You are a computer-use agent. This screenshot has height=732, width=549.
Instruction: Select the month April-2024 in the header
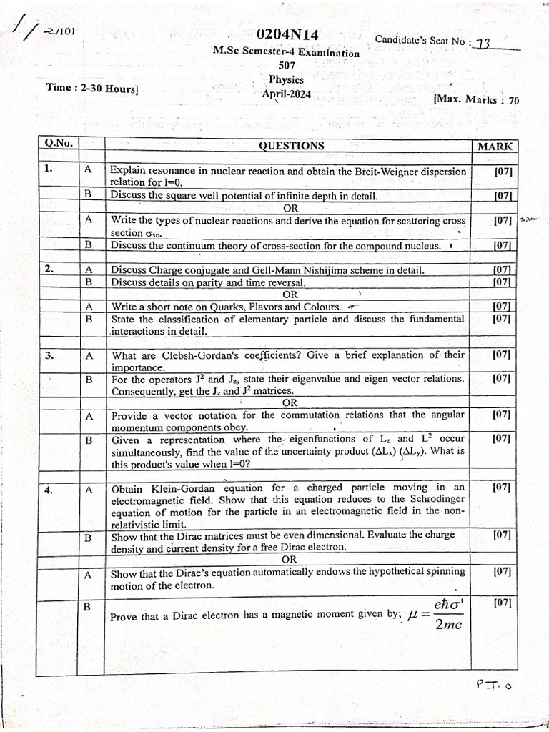click(287, 93)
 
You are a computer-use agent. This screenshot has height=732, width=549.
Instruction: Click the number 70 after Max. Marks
click(514, 100)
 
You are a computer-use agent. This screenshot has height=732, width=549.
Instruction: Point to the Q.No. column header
click(58, 143)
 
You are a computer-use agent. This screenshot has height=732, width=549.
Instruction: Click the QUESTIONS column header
click(291, 146)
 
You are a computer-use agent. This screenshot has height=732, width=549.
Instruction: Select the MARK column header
click(495, 147)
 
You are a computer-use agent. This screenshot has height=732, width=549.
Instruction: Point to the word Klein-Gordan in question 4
click(176, 490)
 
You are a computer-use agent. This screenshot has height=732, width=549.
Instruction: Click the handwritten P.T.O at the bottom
click(494, 685)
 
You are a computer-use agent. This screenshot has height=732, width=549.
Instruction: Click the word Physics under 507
click(287, 79)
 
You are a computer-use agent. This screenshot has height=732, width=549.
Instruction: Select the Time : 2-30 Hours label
click(92, 88)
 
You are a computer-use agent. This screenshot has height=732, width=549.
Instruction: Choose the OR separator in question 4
click(290, 559)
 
